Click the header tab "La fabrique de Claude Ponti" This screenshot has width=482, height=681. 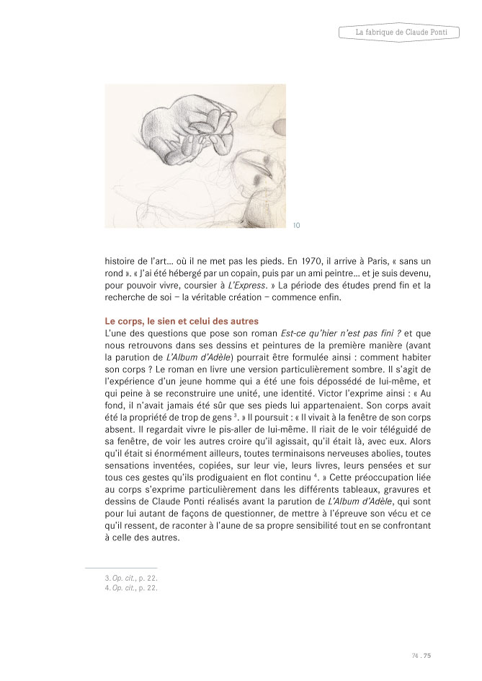(408, 32)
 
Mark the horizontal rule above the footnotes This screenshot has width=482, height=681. (121, 568)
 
